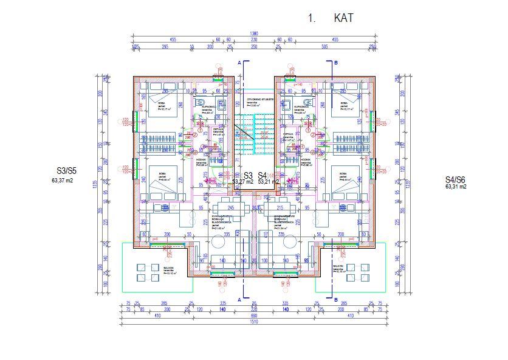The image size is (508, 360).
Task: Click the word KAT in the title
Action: point(343,18)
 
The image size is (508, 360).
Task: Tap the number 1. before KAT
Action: point(312,18)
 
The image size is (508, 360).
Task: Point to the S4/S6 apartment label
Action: point(455,179)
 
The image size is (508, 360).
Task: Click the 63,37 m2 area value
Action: point(63,180)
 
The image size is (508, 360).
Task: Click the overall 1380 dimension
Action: point(254,34)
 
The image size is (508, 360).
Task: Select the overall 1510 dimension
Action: point(254,322)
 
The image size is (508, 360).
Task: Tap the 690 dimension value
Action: point(254,316)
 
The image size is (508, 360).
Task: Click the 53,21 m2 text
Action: point(269,181)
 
